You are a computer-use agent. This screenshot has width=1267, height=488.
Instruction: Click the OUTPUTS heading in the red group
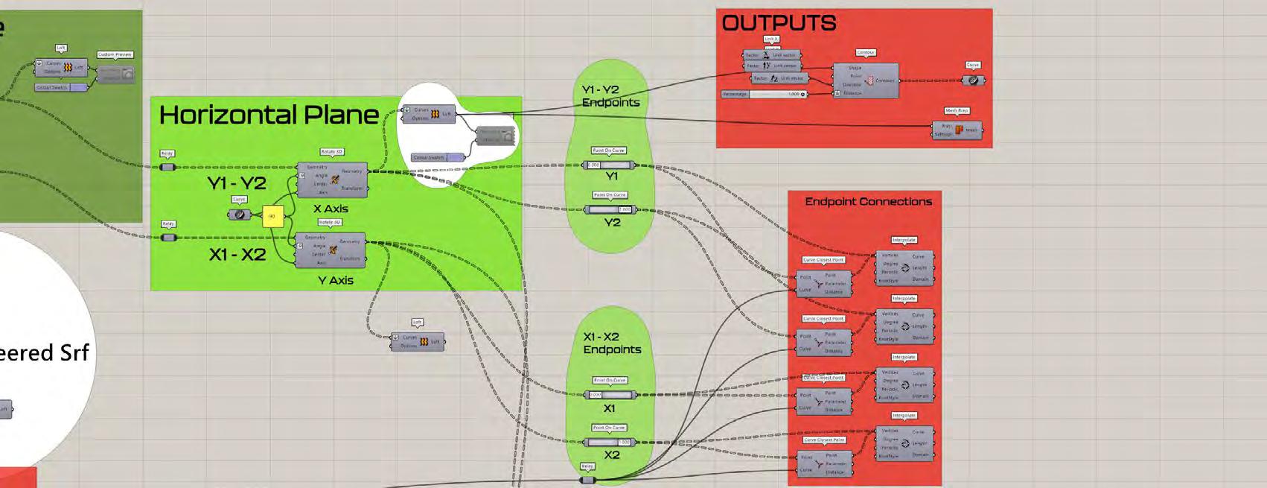(x=779, y=23)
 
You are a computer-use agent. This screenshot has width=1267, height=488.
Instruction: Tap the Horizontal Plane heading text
(x=269, y=115)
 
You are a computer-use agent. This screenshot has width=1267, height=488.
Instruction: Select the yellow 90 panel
(x=272, y=216)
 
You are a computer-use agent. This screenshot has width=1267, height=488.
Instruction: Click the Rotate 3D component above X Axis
(x=332, y=180)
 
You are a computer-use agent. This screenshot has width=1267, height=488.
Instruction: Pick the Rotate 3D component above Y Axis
(x=331, y=250)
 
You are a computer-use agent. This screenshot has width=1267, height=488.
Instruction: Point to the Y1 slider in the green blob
(x=610, y=165)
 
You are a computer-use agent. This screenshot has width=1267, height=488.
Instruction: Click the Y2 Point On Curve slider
(x=610, y=209)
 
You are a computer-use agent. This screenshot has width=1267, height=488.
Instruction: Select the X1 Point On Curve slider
(x=610, y=395)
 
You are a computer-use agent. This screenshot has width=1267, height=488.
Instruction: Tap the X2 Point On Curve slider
(x=610, y=442)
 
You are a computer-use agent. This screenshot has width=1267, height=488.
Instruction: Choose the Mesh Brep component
(x=958, y=130)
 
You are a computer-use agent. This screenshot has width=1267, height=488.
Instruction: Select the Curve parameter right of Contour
(x=972, y=80)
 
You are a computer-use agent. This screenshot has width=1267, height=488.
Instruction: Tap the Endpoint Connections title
(x=868, y=201)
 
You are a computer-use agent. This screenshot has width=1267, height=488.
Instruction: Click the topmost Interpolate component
(x=904, y=267)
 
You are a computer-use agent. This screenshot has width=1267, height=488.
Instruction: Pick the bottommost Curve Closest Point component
(x=825, y=463)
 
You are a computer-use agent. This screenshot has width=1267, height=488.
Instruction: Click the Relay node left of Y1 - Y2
(x=167, y=167)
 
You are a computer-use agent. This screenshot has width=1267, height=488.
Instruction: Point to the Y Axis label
(x=335, y=280)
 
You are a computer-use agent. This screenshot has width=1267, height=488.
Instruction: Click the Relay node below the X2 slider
(x=587, y=480)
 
